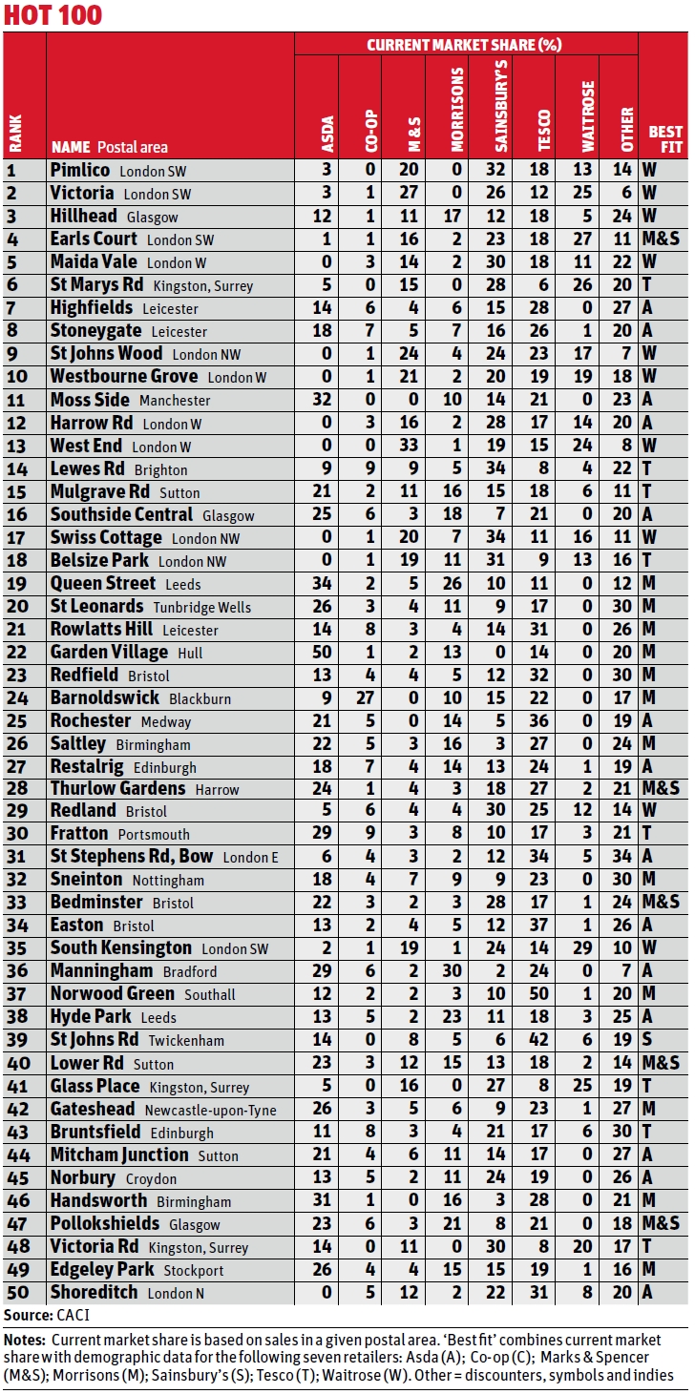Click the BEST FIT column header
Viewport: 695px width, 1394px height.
coord(665,139)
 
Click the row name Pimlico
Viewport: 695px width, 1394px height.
coord(80,170)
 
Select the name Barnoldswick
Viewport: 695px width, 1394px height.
coord(105,697)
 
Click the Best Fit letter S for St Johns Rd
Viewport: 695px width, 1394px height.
coord(649,1040)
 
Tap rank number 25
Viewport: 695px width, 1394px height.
coord(14,720)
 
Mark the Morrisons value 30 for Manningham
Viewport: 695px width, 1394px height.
coord(455,971)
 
